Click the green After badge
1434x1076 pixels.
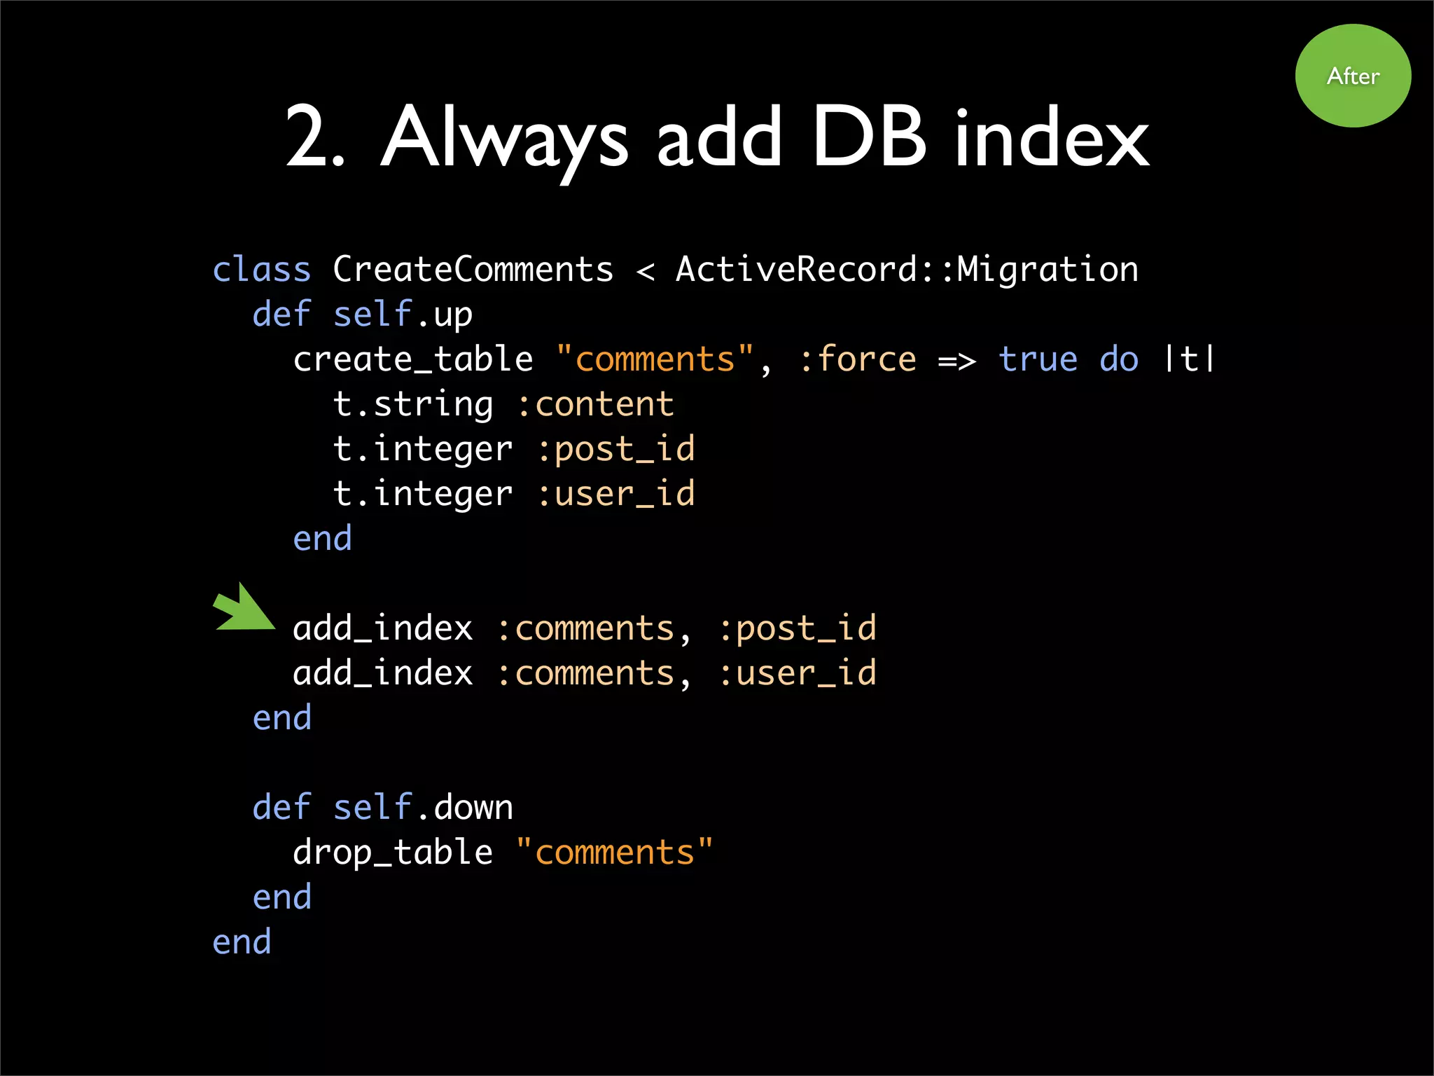(x=1353, y=76)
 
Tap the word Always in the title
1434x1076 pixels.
(x=504, y=138)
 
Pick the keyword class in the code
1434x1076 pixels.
(x=261, y=270)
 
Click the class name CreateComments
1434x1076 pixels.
(x=473, y=270)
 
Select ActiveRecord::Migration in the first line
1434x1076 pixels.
(x=907, y=270)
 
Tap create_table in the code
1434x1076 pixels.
(x=413, y=359)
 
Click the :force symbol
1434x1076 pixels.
(x=857, y=359)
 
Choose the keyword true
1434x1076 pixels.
(x=1038, y=359)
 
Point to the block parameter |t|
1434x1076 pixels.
(x=1189, y=359)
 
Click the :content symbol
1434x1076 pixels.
(x=595, y=404)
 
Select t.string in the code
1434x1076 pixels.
(x=413, y=404)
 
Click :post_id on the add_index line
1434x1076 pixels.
(x=798, y=628)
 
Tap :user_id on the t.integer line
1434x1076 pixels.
(x=616, y=494)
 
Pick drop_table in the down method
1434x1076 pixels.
(x=393, y=853)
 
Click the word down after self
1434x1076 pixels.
(x=474, y=808)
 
